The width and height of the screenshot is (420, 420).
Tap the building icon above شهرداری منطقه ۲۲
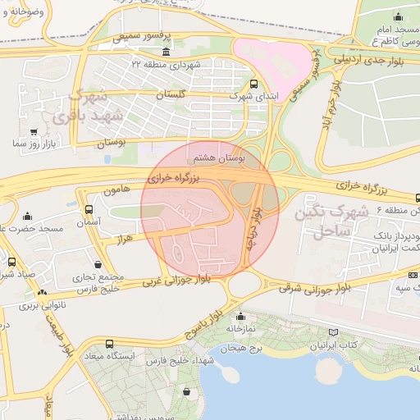tap(167, 52)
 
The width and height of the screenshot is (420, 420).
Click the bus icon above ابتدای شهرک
tap(253, 84)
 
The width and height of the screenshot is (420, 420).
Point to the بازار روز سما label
tap(32, 144)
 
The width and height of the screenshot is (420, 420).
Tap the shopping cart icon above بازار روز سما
tap(33, 131)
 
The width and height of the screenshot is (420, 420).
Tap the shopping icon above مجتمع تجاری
tap(99, 264)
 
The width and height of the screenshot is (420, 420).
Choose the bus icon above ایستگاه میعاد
tap(110, 344)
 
